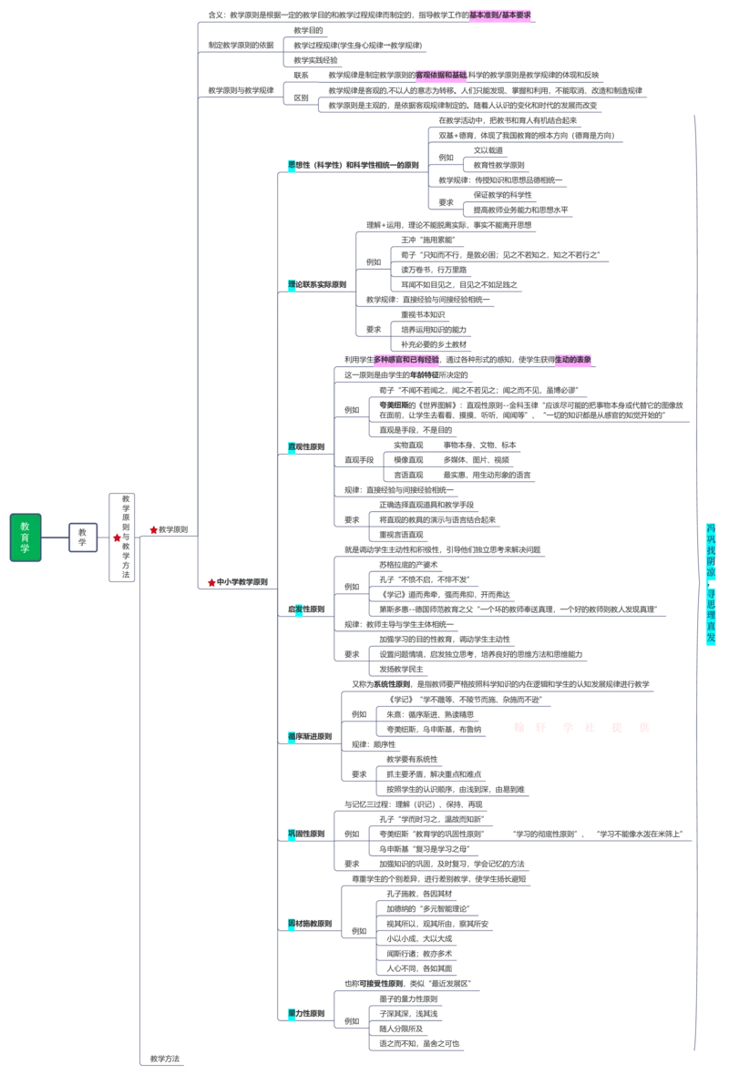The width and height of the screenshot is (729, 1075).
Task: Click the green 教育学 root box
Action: pyautogui.click(x=26, y=537)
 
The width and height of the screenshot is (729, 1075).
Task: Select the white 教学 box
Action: pyautogui.click(x=82, y=537)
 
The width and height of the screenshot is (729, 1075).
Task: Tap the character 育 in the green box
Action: pyautogui.click(x=26, y=537)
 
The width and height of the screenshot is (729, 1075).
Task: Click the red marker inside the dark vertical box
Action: pyautogui.click(x=117, y=537)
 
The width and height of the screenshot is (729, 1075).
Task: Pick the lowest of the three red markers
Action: pyautogui.click(x=211, y=582)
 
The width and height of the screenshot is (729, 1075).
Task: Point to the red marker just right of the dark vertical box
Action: pyautogui.click(x=154, y=529)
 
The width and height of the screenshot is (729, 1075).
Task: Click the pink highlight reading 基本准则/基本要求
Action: pyautogui.click(x=499, y=15)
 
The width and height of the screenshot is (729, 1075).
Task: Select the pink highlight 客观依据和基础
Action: pyautogui.click(x=441, y=74)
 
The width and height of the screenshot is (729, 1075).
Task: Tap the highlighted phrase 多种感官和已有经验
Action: pyautogui.click(x=406, y=360)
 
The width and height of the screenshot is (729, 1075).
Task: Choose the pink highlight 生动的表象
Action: pyautogui.click(x=575, y=360)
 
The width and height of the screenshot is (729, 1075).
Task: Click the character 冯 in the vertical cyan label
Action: pyautogui.click(x=711, y=527)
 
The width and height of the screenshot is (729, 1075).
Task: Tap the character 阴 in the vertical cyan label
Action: pyautogui.click(x=711, y=559)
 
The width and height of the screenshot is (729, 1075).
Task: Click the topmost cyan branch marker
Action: pyautogui.click(x=292, y=165)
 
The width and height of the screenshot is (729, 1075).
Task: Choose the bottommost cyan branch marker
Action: pyautogui.click(x=292, y=1012)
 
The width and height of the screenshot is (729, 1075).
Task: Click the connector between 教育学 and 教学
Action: pyautogui.click(x=55, y=537)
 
